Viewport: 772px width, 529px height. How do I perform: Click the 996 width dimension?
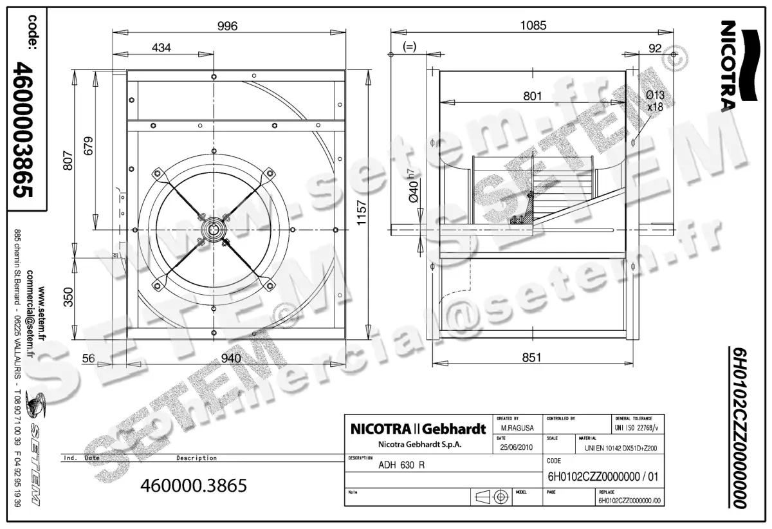coord(227,26)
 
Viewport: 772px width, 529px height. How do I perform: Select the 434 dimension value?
coord(161,48)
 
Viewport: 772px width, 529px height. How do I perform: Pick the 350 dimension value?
coord(68,297)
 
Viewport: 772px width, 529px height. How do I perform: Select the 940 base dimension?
coord(230,358)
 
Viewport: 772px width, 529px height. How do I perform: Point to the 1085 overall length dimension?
coord(533,26)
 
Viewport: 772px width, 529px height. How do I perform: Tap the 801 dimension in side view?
coord(532,96)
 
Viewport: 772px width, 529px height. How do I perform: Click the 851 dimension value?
coord(531,357)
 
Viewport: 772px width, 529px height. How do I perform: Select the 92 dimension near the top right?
coord(656,48)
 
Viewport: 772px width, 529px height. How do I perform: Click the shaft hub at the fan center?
coord(213,229)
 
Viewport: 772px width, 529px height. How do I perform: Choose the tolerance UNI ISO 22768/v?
coord(637,427)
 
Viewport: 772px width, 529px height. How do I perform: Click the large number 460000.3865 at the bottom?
coord(194,486)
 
